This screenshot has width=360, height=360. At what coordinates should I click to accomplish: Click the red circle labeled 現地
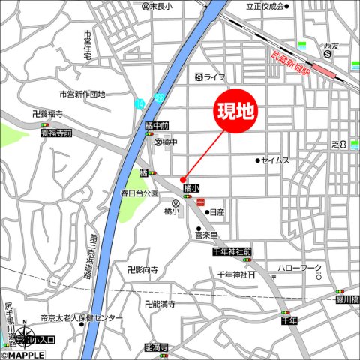(235, 113)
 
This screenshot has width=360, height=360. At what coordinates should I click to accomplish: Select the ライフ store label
(214, 76)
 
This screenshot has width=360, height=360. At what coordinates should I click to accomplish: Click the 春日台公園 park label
(139, 193)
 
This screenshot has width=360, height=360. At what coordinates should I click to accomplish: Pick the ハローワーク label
(299, 268)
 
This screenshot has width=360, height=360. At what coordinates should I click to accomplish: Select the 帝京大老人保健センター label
(82, 319)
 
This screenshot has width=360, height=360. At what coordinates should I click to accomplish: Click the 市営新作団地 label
(82, 94)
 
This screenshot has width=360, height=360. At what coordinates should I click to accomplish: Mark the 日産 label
(217, 212)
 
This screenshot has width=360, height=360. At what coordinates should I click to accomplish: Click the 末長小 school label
(160, 6)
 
